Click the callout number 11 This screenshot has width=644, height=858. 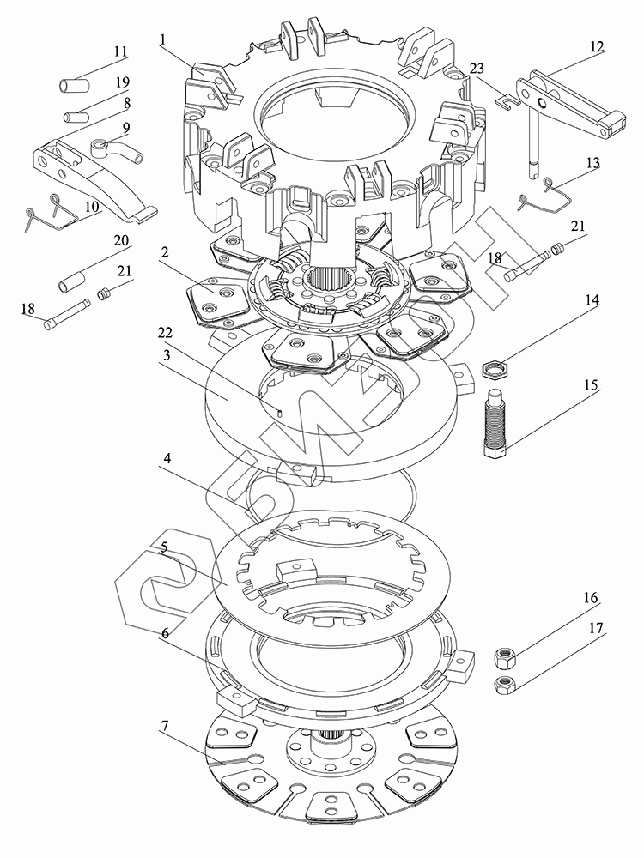coord(120,52)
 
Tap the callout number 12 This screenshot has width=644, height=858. coord(597,46)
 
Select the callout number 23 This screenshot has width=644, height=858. coord(477,69)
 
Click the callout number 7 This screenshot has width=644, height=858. coord(164,726)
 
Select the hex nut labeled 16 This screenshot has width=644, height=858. coord(504,657)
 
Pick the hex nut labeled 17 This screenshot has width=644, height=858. coord(504,684)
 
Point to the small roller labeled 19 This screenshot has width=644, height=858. coord(76,117)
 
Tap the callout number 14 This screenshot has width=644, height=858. coord(592,299)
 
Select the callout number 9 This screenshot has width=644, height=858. coord(126,128)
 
